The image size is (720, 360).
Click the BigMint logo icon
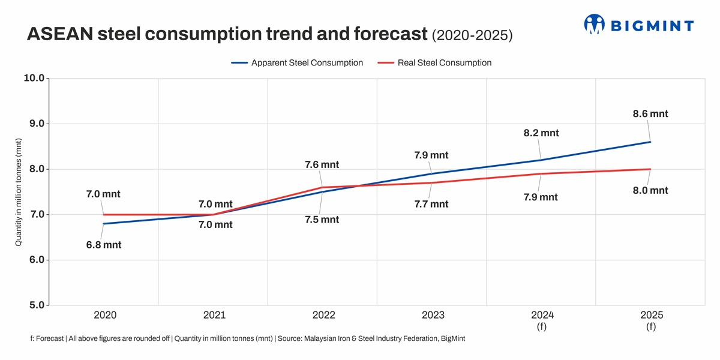pos(595,24)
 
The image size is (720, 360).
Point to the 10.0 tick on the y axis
pos(33,78)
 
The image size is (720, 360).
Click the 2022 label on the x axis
pos(324,316)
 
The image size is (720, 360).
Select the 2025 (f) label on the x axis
pos(651,321)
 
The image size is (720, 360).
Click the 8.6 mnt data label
pos(650,114)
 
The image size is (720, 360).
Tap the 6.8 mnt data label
pos(104,245)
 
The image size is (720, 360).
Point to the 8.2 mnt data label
pos(541,133)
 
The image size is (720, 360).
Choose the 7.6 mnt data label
pos(322,164)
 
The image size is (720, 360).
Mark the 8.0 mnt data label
pos(650,191)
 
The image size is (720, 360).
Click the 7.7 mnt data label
pos(431,204)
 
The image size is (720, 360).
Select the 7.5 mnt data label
pos(322,220)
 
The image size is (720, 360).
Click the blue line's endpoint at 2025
pos(651,142)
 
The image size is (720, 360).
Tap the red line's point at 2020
pos(104,214)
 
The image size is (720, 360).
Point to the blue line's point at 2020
pos(104,224)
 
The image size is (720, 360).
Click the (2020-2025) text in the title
pos(472,36)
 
